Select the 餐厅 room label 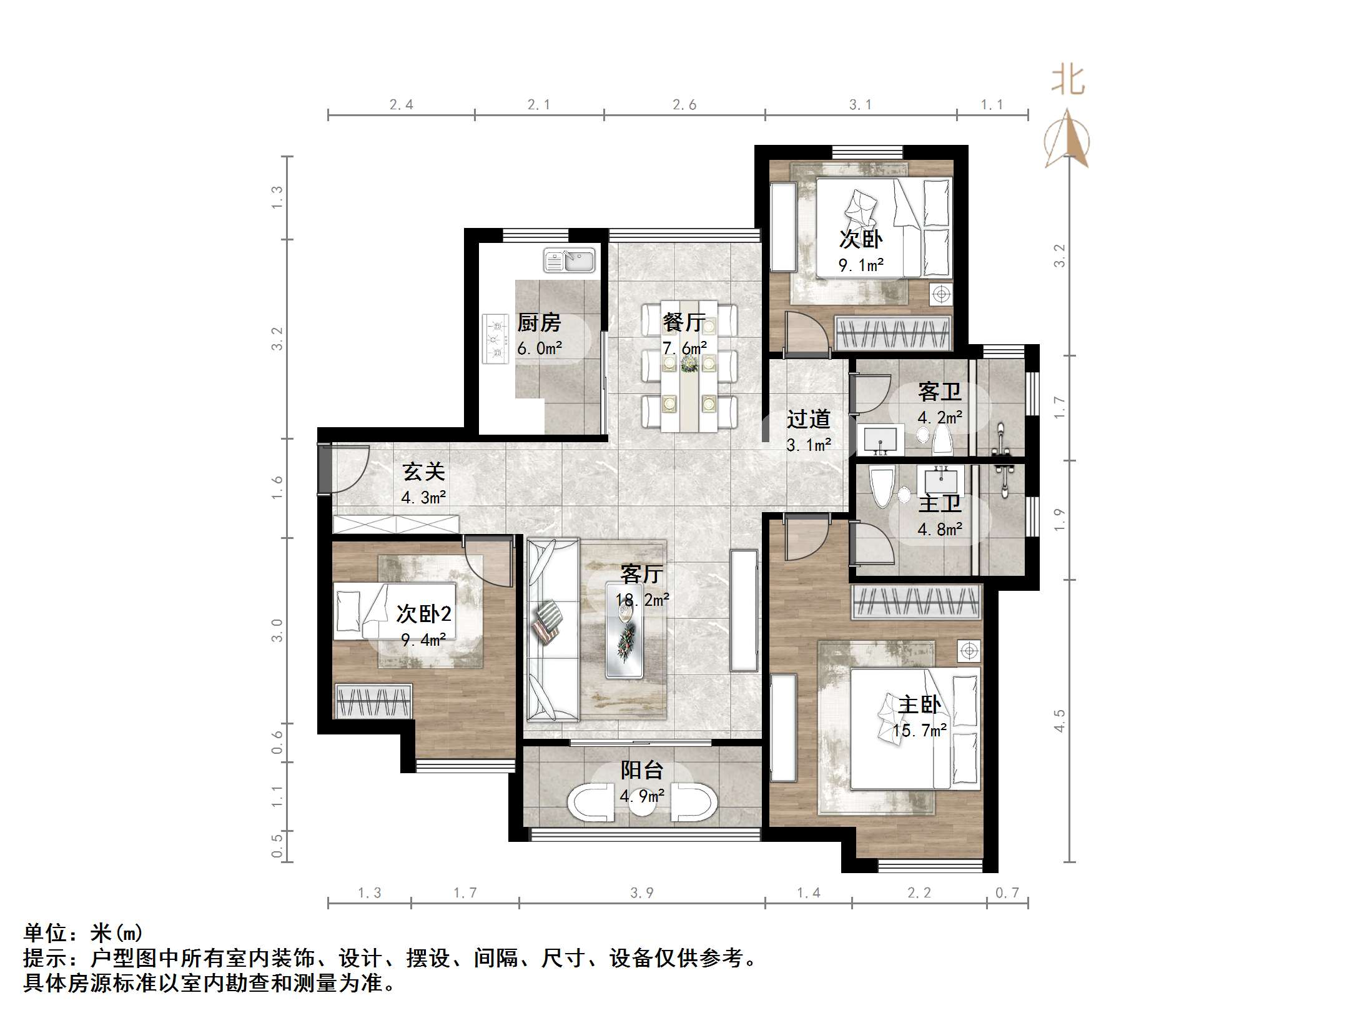(684, 322)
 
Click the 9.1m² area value (861, 265)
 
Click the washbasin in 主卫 (941, 481)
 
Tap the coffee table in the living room (624, 630)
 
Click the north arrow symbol (1067, 141)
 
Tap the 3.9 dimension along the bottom (641, 893)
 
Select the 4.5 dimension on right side (1059, 720)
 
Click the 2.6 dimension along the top (684, 105)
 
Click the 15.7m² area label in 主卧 (919, 730)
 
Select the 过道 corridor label (808, 419)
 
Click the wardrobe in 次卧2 (373, 701)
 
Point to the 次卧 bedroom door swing (806, 332)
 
